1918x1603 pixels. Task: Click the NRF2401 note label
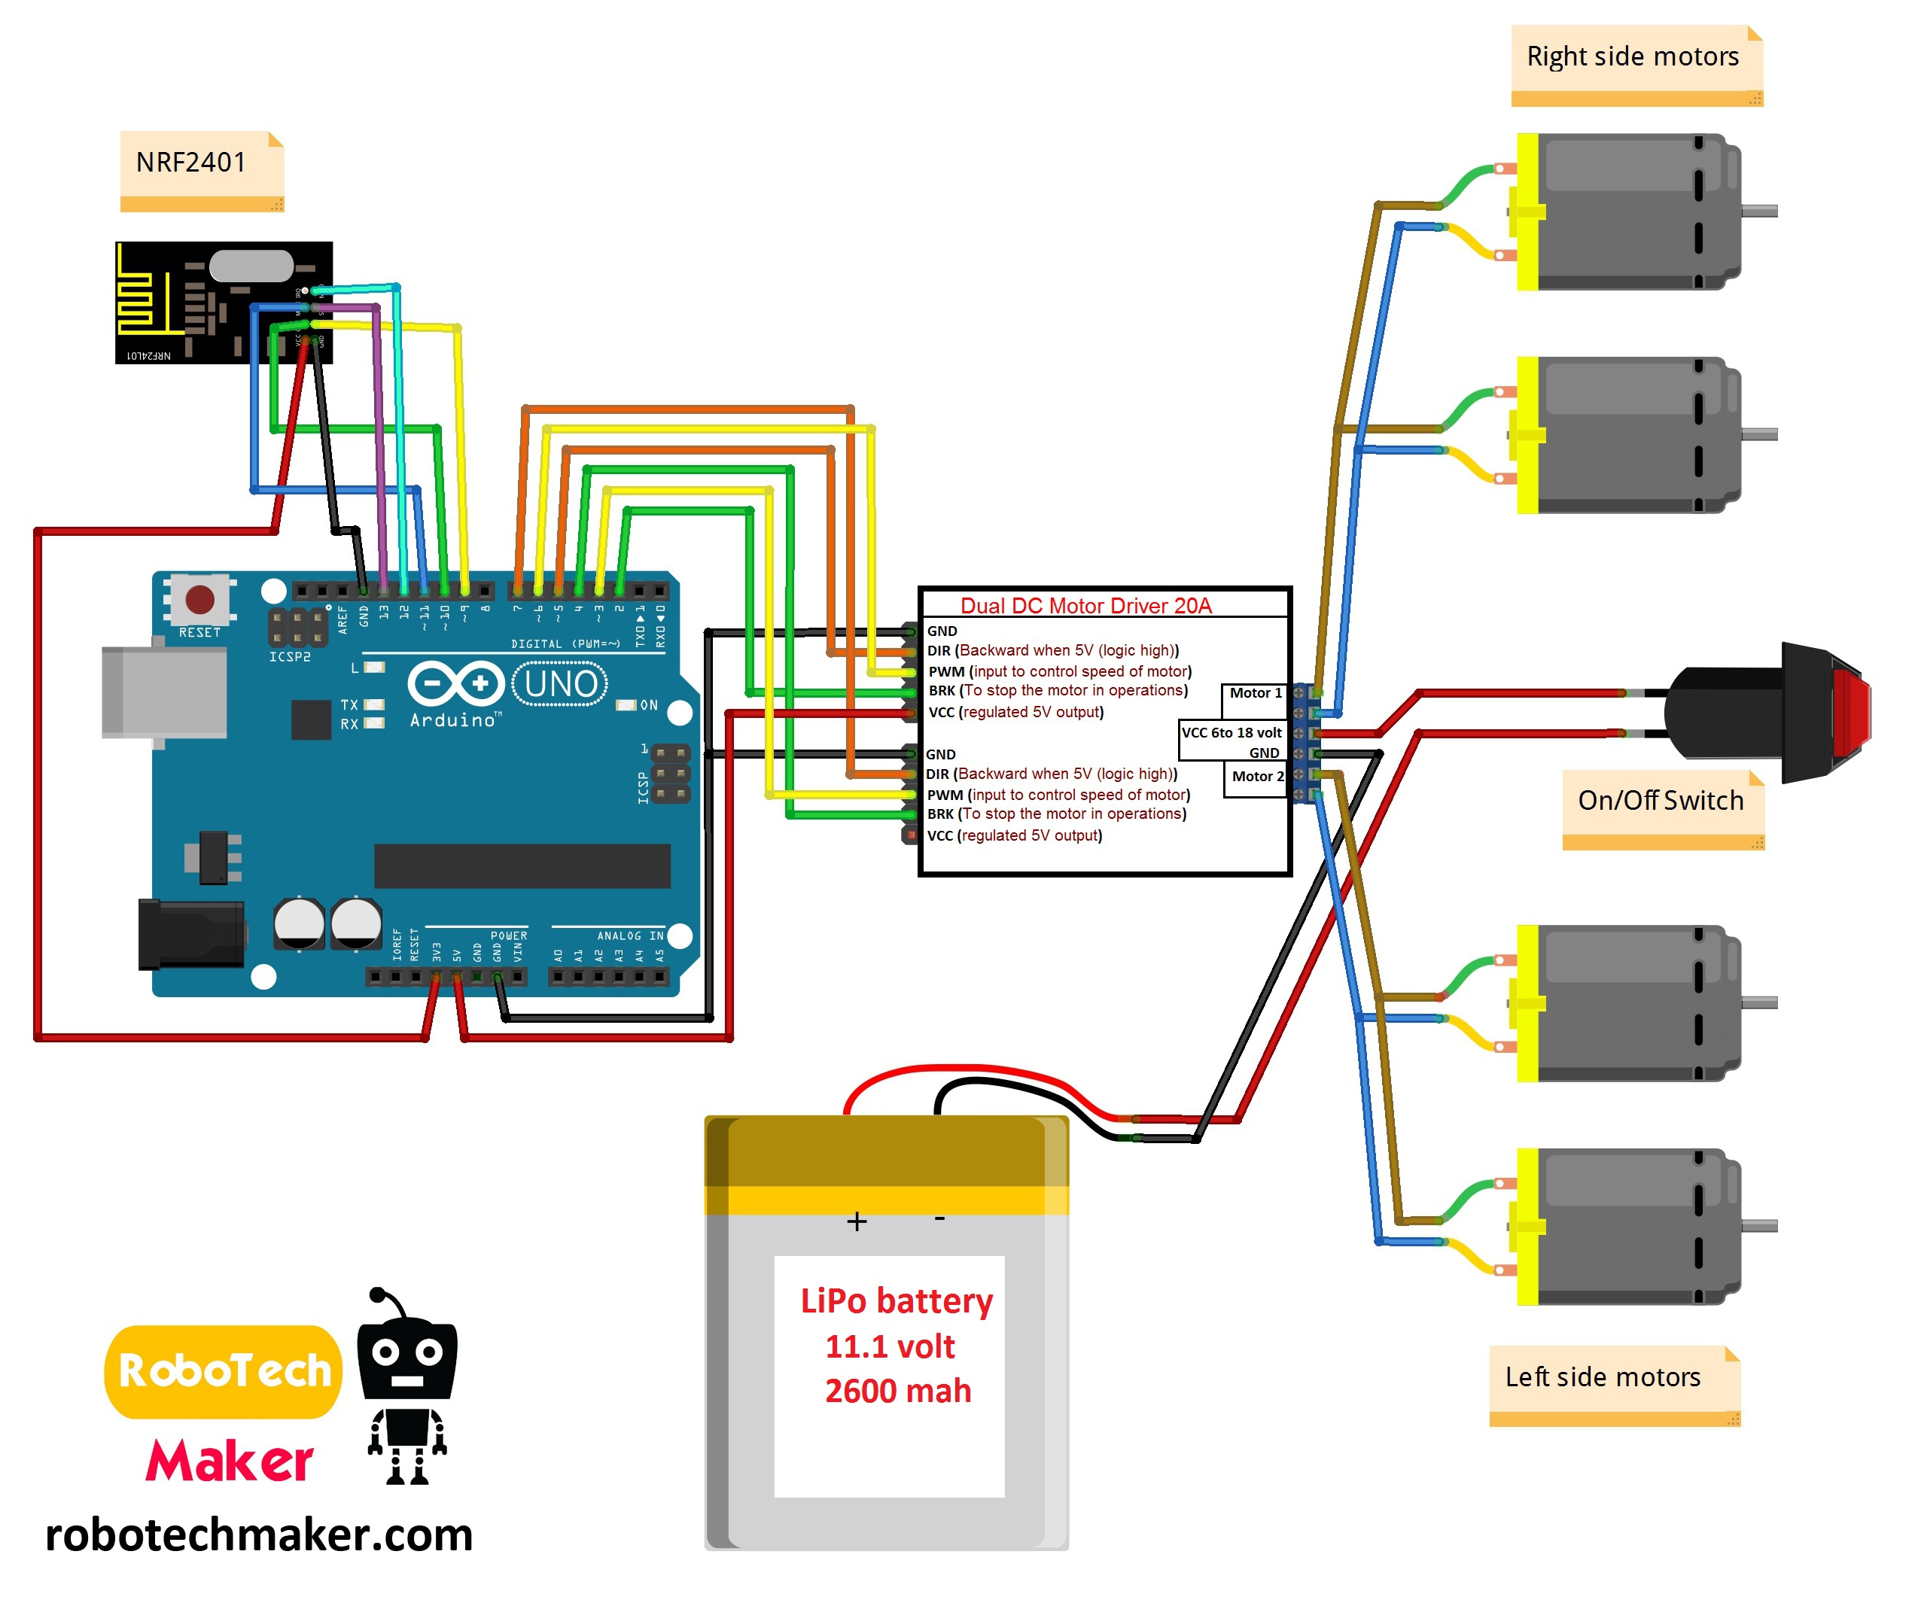pos(191,163)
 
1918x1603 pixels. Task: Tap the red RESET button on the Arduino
pos(200,600)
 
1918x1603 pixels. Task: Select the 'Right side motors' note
pos(1632,56)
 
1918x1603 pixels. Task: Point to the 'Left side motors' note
pos(1602,1376)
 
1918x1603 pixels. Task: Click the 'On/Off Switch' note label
pos(1660,800)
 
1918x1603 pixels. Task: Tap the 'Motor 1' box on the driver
pos(1255,693)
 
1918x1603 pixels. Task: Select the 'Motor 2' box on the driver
pos(1257,777)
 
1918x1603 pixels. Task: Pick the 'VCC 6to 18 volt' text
pos(1231,732)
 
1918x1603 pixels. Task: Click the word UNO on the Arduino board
pos(561,684)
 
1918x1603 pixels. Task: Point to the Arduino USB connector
pos(164,692)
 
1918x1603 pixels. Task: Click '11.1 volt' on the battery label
pos(890,1346)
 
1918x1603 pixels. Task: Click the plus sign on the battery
pos(856,1221)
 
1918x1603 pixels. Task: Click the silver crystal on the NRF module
pos(251,266)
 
